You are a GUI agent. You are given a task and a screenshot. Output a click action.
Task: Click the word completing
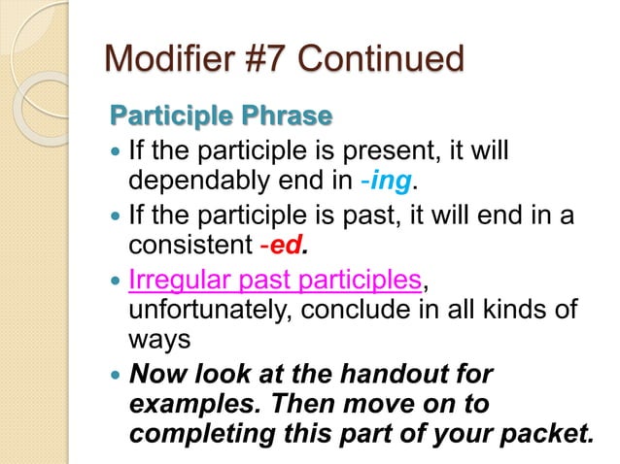[200, 433]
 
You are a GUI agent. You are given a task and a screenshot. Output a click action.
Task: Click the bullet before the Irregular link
[116, 282]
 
